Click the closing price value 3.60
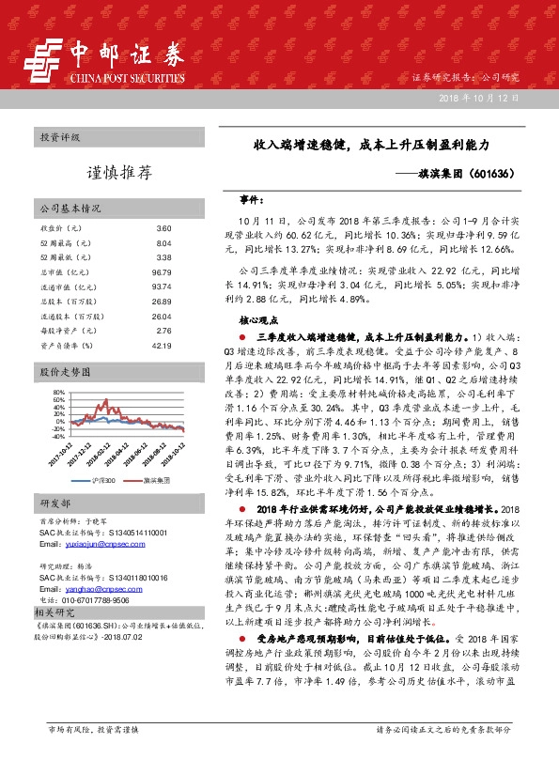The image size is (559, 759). tap(163, 228)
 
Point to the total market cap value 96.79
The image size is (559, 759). tap(162, 272)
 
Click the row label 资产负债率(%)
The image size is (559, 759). tap(67, 345)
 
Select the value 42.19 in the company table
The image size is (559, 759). tap(162, 345)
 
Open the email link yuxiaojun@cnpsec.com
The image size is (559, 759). tap(89, 544)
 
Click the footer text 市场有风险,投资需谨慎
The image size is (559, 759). tap(92, 729)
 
